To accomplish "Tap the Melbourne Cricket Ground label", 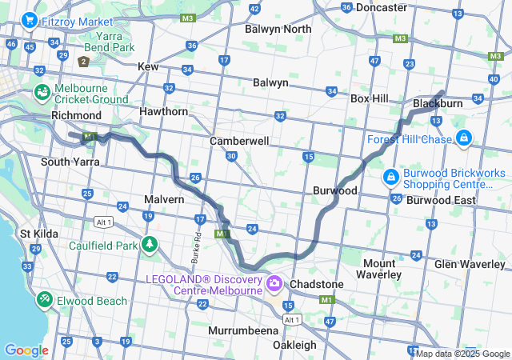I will [90, 93].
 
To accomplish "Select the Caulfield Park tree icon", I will [149, 245].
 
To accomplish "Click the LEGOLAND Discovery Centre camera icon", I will [274, 283].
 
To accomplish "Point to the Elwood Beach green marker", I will [44, 300].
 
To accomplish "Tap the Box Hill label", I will [370, 98].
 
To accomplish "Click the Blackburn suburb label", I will [438, 104].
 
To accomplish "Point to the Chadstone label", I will [318, 284].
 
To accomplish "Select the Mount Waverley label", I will [380, 269].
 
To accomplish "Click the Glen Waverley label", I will [468, 264].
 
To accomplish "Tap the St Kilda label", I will [36, 234].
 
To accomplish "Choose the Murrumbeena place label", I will [243, 330].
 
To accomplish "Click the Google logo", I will [26, 350].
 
